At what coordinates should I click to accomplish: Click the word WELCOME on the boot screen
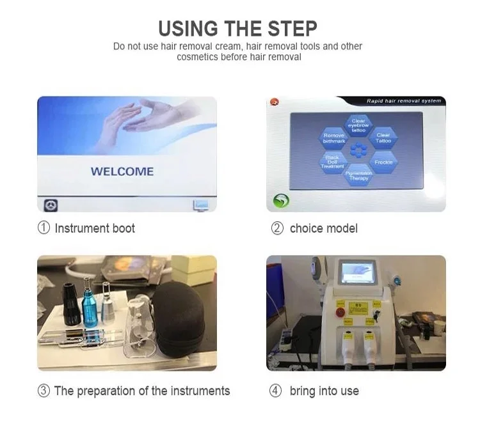[x=122, y=171]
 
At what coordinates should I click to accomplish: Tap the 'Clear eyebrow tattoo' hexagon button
[x=358, y=125]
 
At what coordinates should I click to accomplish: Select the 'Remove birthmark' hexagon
[x=333, y=137]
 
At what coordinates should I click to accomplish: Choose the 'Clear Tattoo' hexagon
[x=383, y=137]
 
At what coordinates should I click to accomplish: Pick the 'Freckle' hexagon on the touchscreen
[x=383, y=162]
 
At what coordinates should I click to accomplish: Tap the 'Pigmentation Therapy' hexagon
[x=358, y=175]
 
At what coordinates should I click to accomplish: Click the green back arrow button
[x=281, y=200]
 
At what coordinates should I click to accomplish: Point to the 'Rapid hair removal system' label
[x=403, y=101]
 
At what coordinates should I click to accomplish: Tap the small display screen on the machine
[x=357, y=274]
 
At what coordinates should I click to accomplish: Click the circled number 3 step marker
[x=44, y=391]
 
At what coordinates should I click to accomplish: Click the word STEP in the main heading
[x=287, y=28]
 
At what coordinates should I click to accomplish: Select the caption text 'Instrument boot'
[x=95, y=228]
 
